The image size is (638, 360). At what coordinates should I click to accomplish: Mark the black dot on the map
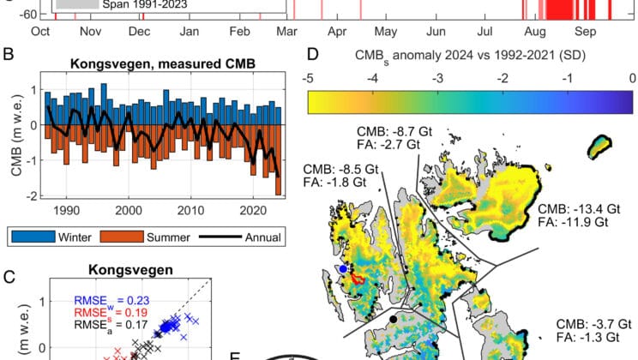pos(393,319)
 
